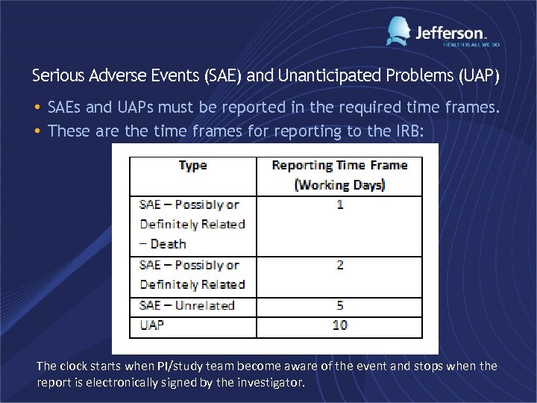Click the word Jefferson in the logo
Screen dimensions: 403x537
(x=450, y=33)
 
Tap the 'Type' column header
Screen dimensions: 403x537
(x=192, y=166)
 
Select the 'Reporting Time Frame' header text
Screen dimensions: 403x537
(x=339, y=165)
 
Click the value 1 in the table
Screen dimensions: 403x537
(x=340, y=204)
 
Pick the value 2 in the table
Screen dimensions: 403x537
(x=340, y=265)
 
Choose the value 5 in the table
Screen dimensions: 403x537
(x=340, y=305)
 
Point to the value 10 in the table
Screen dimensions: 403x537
(x=340, y=325)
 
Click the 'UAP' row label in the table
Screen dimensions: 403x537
(x=151, y=325)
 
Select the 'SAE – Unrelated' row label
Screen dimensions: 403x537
(x=186, y=305)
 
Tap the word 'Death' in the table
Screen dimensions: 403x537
(x=168, y=244)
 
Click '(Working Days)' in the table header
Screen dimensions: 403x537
(x=339, y=184)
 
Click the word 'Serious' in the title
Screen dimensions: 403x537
(x=57, y=75)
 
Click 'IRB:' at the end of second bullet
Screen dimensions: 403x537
(x=407, y=131)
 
